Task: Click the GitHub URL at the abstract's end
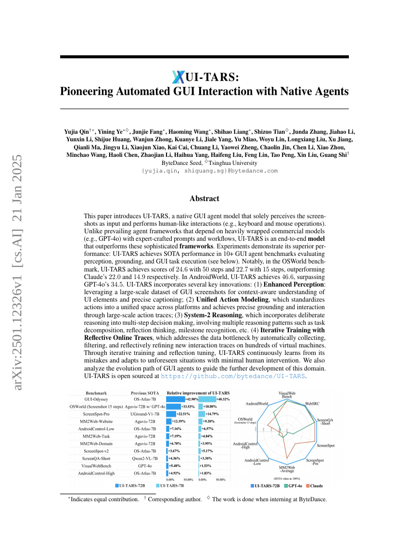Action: tap(233, 376)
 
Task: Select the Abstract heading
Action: tap(204, 199)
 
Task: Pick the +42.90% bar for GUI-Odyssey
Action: tap(176, 399)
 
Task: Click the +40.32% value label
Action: tap(223, 399)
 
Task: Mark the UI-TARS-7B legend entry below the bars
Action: tap(171, 486)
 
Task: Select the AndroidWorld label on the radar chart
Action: tap(257, 404)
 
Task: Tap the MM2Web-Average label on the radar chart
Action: tap(287, 470)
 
